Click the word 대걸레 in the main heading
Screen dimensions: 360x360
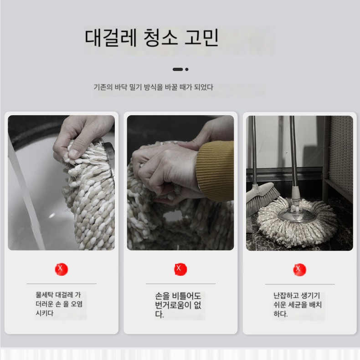click(x=111, y=37)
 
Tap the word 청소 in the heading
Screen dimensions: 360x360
click(x=161, y=37)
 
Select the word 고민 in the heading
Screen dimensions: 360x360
click(x=201, y=37)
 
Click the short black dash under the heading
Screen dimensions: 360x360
click(x=177, y=69)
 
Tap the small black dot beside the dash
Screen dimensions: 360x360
click(x=187, y=69)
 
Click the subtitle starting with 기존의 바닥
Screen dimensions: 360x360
click(x=153, y=87)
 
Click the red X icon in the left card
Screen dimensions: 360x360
click(x=62, y=269)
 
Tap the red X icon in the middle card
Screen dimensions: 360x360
click(x=180, y=269)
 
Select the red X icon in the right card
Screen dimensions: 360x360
click(x=299, y=269)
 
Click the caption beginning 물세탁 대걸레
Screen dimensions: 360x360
click(x=59, y=304)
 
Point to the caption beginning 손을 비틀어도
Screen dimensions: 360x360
click(x=178, y=304)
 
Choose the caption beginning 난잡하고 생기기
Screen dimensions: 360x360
click(x=297, y=304)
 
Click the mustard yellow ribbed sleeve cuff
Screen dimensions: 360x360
click(x=215, y=171)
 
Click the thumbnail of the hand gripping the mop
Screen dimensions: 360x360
click(x=62, y=183)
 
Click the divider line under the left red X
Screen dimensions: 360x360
click(x=62, y=284)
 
